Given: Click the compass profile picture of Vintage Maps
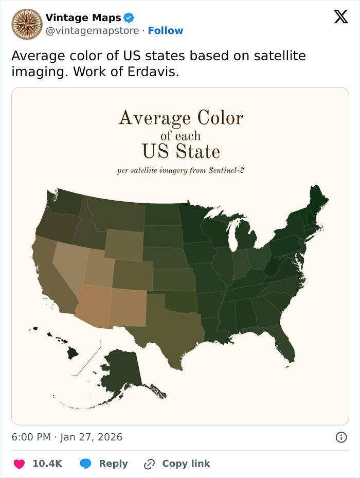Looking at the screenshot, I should click(27, 24).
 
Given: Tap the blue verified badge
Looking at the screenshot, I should click(129, 18).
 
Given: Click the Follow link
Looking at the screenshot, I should click(165, 31).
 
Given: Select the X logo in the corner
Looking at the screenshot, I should click(340, 17).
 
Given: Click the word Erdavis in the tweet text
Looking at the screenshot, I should click(154, 72).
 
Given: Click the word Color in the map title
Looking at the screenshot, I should click(217, 118).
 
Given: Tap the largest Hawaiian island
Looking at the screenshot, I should click(72, 353).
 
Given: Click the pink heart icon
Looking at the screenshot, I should click(19, 464).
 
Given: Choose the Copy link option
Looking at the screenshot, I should click(177, 464).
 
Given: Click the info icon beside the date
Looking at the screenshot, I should click(340, 437).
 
